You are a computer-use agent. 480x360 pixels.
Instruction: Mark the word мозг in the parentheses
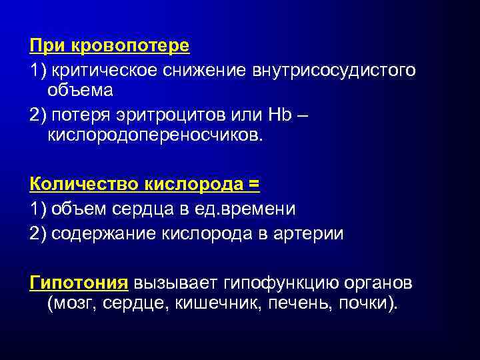tap(71, 303)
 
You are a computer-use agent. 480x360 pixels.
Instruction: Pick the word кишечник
tap(213, 303)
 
